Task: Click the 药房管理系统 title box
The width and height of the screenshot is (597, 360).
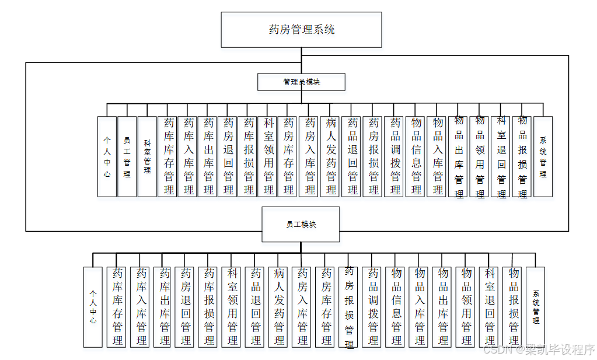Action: (301, 30)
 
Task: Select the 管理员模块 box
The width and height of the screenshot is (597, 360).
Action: (301, 82)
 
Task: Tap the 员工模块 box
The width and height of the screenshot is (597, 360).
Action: (301, 224)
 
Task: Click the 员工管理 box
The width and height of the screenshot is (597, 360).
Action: (127, 156)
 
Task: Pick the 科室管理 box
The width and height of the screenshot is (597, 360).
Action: (147, 156)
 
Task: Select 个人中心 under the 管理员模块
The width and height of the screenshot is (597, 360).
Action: (107, 156)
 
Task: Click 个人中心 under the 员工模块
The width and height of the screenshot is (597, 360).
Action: (93, 307)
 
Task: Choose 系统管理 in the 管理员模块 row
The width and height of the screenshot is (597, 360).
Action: (543, 156)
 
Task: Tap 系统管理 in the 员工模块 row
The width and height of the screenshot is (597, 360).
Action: (535, 307)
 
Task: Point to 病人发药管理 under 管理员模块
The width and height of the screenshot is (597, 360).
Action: (331, 156)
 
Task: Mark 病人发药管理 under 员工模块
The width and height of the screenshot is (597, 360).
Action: (279, 307)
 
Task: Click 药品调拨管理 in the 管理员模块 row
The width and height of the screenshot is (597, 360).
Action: (395, 156)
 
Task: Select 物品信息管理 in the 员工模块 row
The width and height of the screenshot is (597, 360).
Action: (396, 307)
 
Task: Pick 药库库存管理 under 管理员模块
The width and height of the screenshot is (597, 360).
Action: (169, 156)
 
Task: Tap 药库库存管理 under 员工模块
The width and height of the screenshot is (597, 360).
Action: (117, 307)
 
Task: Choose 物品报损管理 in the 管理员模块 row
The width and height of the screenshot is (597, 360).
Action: (522, 156)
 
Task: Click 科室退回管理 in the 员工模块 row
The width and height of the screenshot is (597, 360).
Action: (490, 307)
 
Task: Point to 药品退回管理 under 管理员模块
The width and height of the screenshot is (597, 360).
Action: (352, 156)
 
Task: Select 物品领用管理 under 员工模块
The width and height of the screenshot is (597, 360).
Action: (466, 307)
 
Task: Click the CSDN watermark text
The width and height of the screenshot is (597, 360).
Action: (539, 350)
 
